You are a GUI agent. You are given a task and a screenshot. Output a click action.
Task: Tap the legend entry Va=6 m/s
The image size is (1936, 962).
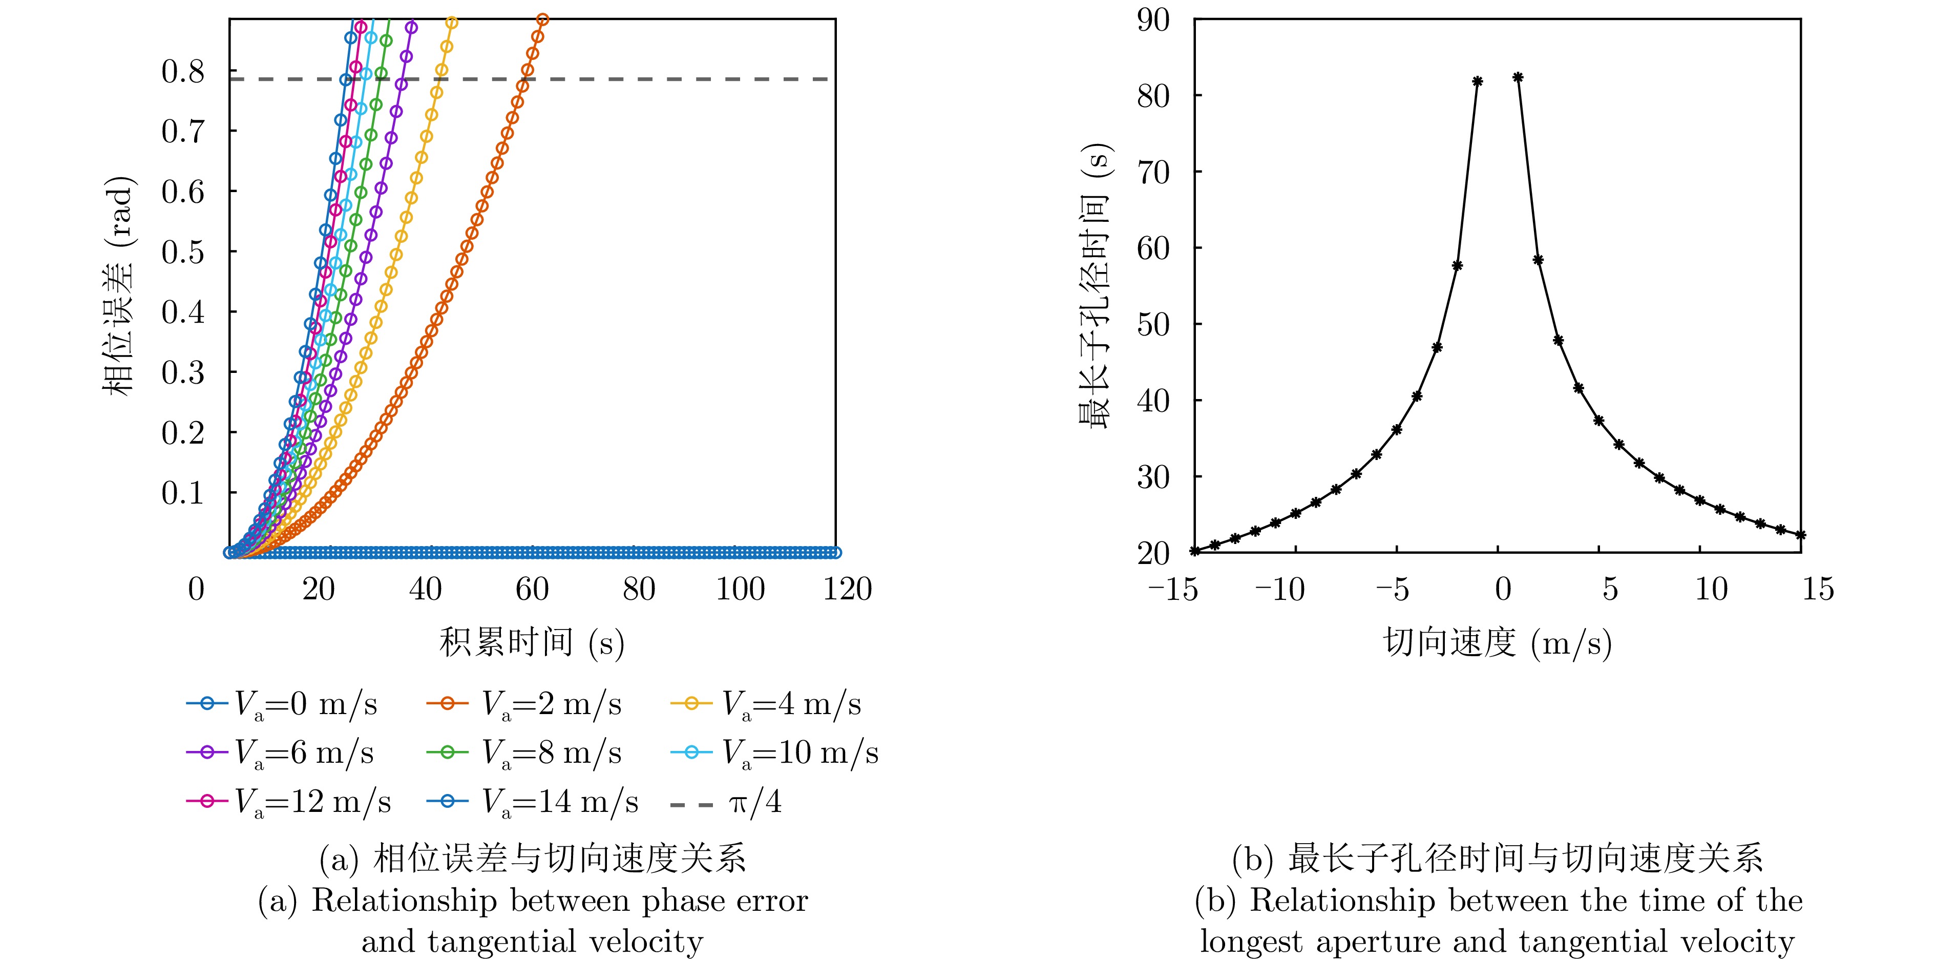[x=280, y=752]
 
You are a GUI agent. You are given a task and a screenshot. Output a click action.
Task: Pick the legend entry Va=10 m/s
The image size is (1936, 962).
[x=774, y=752]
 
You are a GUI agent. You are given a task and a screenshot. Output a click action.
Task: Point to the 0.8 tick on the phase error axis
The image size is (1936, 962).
[x=183, y=72]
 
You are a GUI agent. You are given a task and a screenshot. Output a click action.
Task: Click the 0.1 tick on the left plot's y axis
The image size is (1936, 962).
[x=183, y=493]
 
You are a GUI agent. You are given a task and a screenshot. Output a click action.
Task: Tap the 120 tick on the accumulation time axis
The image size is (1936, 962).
[x=847, y=589]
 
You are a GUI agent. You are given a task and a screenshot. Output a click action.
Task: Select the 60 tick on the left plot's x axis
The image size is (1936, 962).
[x=532, y=589]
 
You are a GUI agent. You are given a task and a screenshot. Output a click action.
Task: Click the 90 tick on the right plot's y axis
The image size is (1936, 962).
[x=1153, y=20]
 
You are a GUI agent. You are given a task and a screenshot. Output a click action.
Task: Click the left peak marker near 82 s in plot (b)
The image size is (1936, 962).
[x=1478, y=81]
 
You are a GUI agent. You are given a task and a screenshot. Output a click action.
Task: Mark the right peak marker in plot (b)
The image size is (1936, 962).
[x=1518, y=77]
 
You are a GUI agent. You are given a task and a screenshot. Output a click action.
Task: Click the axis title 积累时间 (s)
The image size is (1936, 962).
[x=532, y=642]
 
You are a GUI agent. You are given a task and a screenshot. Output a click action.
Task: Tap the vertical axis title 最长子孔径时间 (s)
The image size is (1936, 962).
[x=1095, y=286]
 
